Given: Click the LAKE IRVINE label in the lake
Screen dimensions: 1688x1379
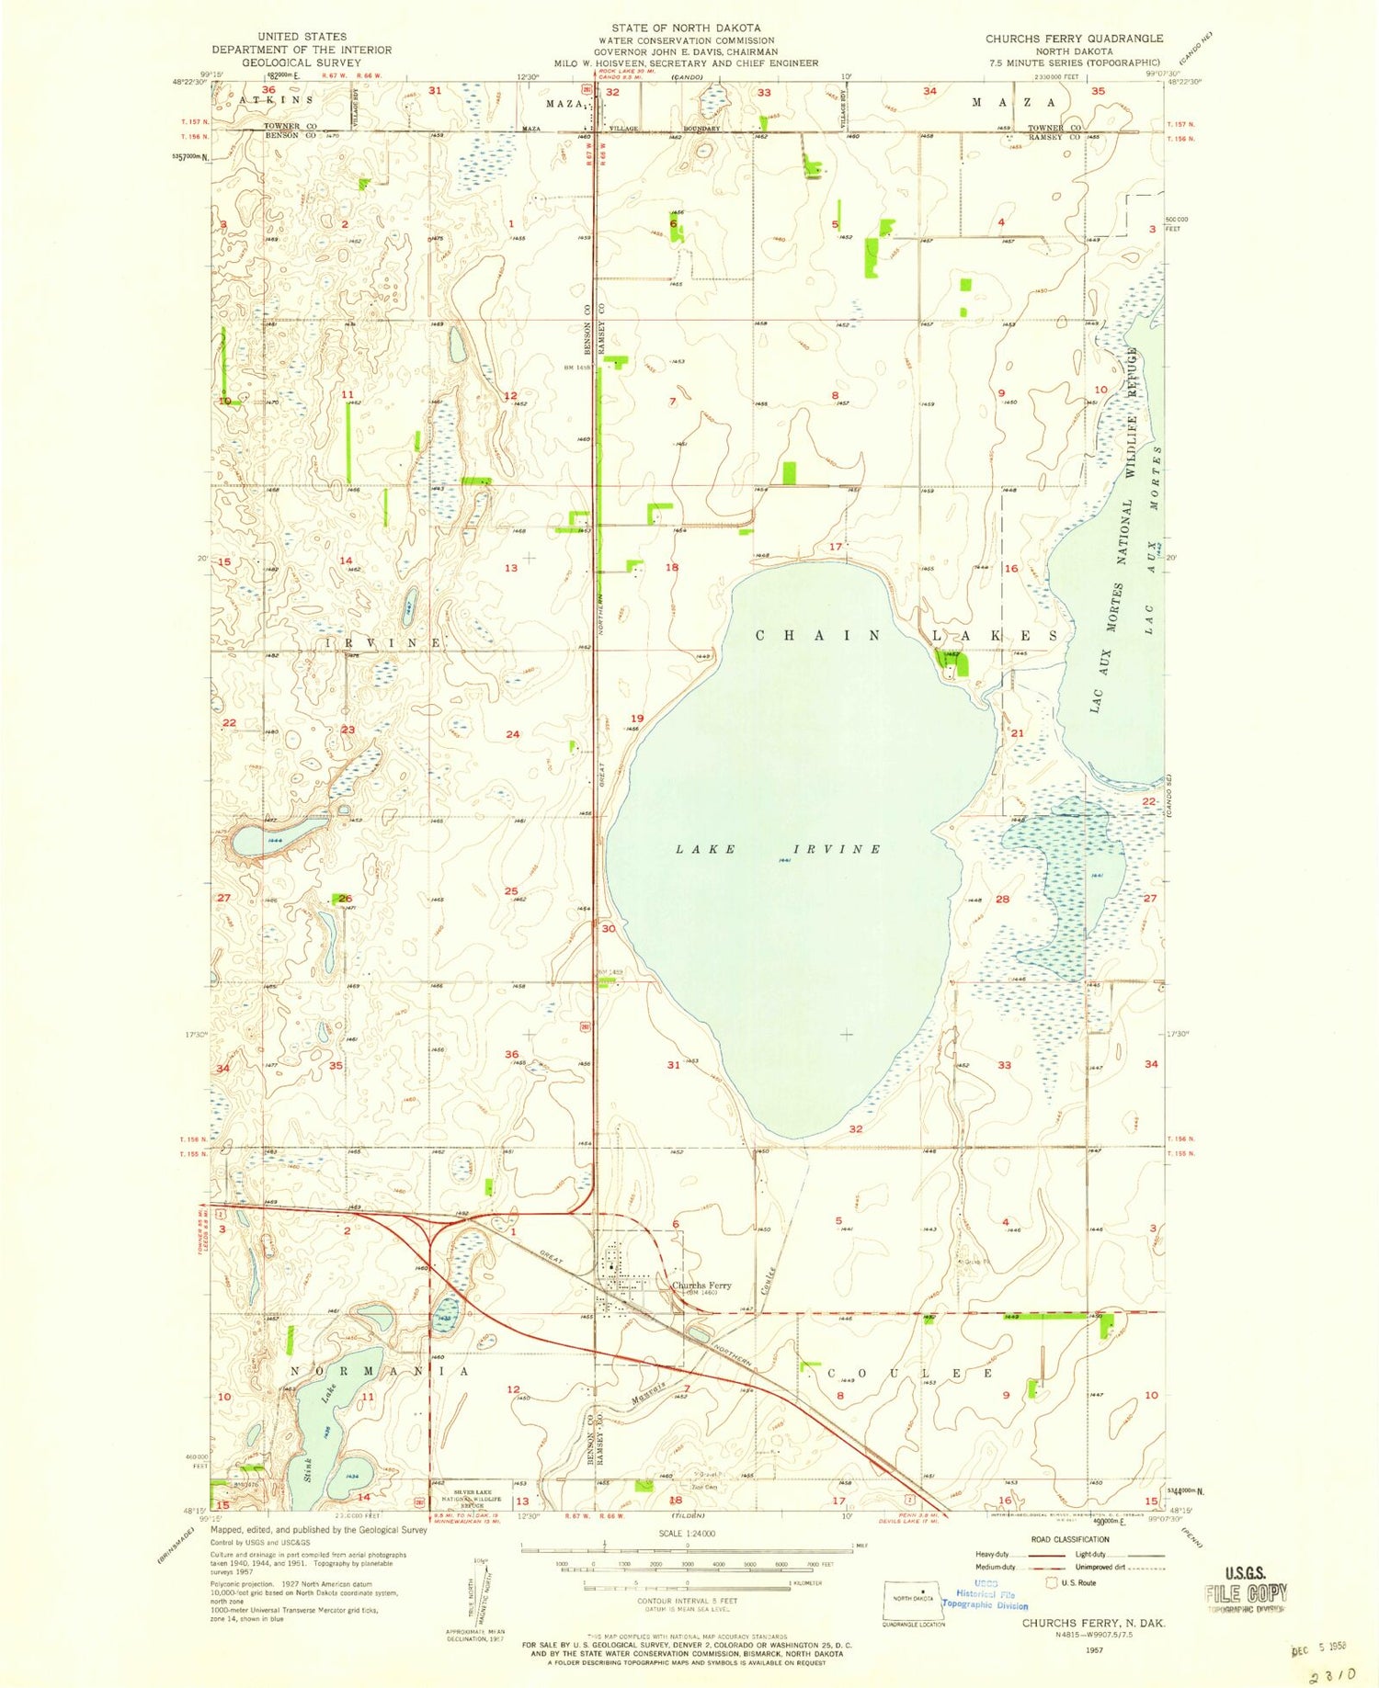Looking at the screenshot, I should pyautogui.click(x=778, y=849).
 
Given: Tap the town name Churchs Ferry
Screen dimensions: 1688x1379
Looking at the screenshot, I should pyautogui.click(x=701, y=1286).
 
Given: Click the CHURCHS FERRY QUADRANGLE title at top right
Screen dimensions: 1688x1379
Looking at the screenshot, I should pyautogui.click(x=1074, y=39).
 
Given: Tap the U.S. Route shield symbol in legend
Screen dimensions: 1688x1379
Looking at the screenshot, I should pyautogui.click(x=1052, y=1582).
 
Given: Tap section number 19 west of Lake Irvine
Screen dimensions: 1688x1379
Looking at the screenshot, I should pyautogui.click(x=637, y=719).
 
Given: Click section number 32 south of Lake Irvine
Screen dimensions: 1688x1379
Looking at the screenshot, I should pyautogui.click(x=856, y=1128).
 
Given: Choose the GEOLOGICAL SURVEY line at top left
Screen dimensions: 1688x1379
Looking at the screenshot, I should pyautogui.click(x=302, y=62).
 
